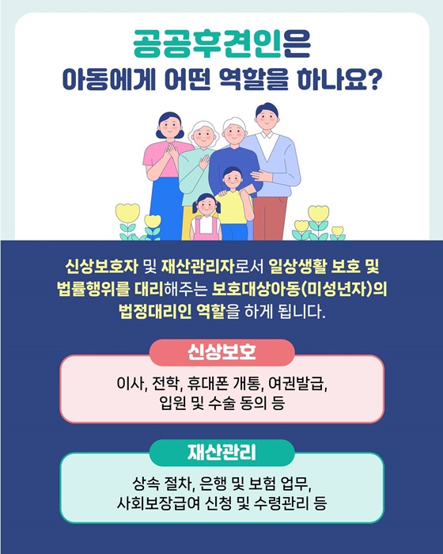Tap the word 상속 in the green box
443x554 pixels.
(146, 484)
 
